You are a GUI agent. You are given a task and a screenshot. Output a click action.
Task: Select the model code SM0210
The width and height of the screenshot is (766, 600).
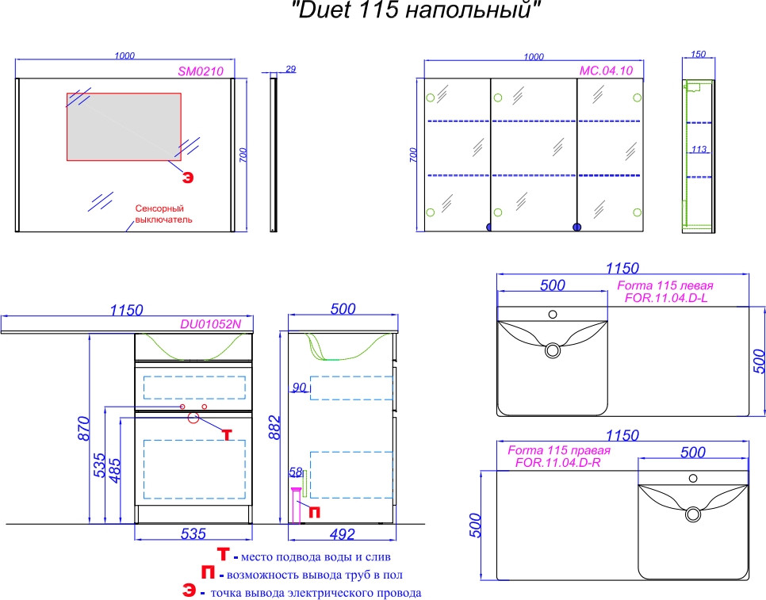click(201, 71)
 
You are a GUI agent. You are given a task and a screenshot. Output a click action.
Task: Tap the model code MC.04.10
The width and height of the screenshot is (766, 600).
click(607, 71)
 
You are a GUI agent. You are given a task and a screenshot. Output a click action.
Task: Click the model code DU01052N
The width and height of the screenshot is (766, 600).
click(211, 324)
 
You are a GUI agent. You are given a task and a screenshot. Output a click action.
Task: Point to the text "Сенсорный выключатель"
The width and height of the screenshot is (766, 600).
click(163, 214)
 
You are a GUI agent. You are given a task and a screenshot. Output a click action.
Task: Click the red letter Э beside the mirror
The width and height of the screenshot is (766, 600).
click(188, 178)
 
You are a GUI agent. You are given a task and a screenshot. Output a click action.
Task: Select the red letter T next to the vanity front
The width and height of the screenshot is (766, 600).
click(227, 434)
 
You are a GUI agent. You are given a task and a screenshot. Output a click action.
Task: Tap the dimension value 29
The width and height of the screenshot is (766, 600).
click(291, 69)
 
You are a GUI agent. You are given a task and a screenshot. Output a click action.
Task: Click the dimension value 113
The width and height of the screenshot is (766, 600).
click(699, 149)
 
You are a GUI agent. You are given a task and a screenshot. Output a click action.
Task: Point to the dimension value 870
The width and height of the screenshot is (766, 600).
click(84, 429)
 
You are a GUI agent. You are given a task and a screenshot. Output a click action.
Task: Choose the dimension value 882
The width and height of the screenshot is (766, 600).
click(275, 428)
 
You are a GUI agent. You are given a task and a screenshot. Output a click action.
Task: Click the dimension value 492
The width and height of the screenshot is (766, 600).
click(342, 533)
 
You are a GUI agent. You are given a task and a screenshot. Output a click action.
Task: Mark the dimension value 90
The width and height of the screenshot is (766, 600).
click(299, 388)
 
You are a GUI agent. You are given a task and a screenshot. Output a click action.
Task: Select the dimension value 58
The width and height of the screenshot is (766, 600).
click(296, 472)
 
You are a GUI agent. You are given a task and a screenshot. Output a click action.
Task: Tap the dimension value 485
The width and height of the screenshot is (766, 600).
click(114, 470)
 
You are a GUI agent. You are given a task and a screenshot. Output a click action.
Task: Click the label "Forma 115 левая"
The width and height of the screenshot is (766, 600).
click(665, 285)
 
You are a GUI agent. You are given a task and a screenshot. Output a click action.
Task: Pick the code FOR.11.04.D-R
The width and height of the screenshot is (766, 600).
click(558, 462)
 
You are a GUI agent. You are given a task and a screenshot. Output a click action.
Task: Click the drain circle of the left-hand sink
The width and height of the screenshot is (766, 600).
click(553, 350)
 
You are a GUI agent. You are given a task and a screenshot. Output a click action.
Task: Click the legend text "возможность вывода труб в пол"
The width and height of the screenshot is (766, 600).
click(315, 575)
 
